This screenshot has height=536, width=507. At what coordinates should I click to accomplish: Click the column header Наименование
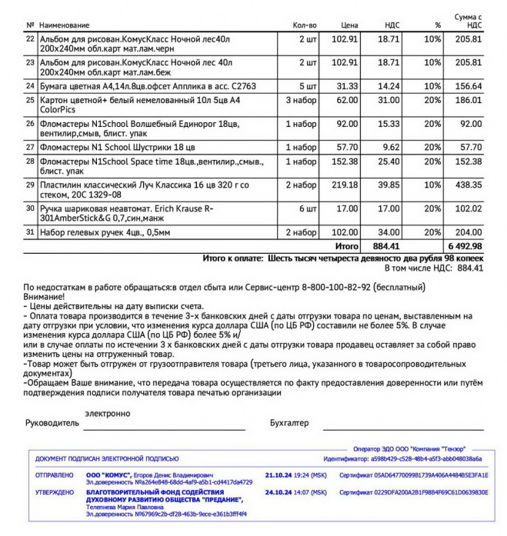tap(65, 25)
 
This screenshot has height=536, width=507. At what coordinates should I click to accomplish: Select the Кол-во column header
tap(305, 25)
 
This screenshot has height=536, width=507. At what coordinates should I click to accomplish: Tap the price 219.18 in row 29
tap(345, 185)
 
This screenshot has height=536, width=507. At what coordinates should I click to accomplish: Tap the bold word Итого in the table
tap(347, 245)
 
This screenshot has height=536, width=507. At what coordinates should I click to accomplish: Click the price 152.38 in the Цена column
tap(345, 161)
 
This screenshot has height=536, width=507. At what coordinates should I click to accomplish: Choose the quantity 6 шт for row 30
tap(308, 208)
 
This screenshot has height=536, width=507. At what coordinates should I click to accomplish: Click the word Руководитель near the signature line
tap(52, 423)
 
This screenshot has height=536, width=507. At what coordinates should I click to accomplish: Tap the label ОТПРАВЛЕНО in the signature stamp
tap(54, 475)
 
